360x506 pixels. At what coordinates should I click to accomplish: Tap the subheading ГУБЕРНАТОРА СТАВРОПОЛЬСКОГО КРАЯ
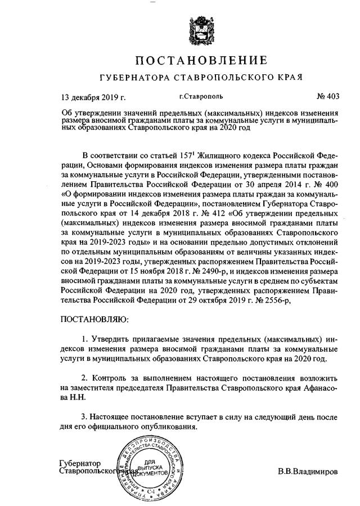pyautogui.click(x=200, y=77)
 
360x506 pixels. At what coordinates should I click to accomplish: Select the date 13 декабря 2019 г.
pyautogui.click(x=93, y=96)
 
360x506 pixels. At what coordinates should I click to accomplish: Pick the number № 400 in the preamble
pyautogui.click(x=327, y=183)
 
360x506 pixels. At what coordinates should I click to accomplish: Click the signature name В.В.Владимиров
pyautogui.click(x=308, y=471)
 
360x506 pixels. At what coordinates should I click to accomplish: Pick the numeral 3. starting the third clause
pyautogui.click(x=85, y=417)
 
